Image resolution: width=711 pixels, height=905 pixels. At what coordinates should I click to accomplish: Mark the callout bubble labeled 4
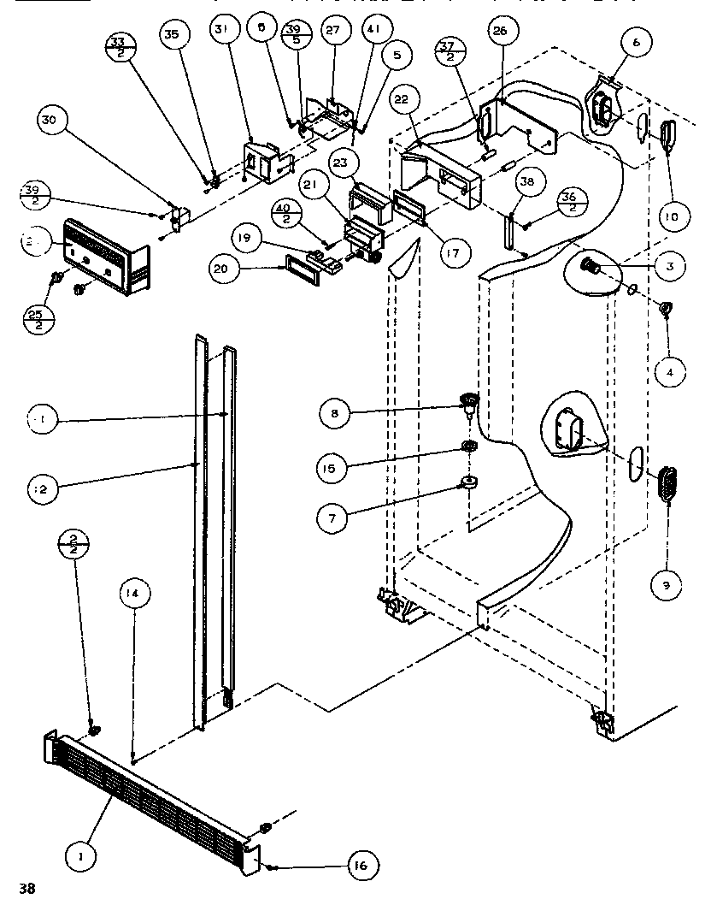(x=670, y=371)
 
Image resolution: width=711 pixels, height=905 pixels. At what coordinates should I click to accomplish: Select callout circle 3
(x=670, y=267)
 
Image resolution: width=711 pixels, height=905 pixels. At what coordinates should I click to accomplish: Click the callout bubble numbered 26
(x=501, y=32)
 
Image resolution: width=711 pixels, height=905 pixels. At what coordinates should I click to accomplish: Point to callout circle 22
(x=402, y=99)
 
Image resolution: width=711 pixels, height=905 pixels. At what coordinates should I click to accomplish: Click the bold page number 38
(x=28, y=889)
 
